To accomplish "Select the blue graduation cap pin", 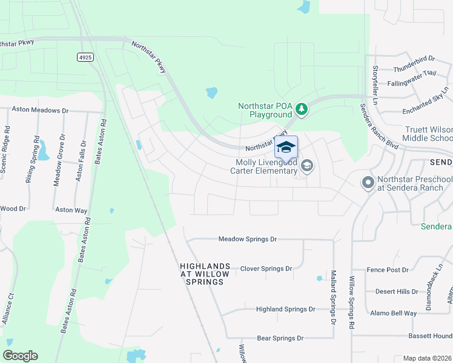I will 286,148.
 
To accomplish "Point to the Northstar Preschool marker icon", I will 367,182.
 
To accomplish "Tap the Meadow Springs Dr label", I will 247,239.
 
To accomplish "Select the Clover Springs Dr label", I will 266,269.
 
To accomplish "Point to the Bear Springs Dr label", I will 280,338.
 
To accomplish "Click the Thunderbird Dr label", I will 414,59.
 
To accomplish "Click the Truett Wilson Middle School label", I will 427,134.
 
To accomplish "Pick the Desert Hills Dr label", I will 397,291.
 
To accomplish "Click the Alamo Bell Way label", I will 394,313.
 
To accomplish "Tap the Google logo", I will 20,356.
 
